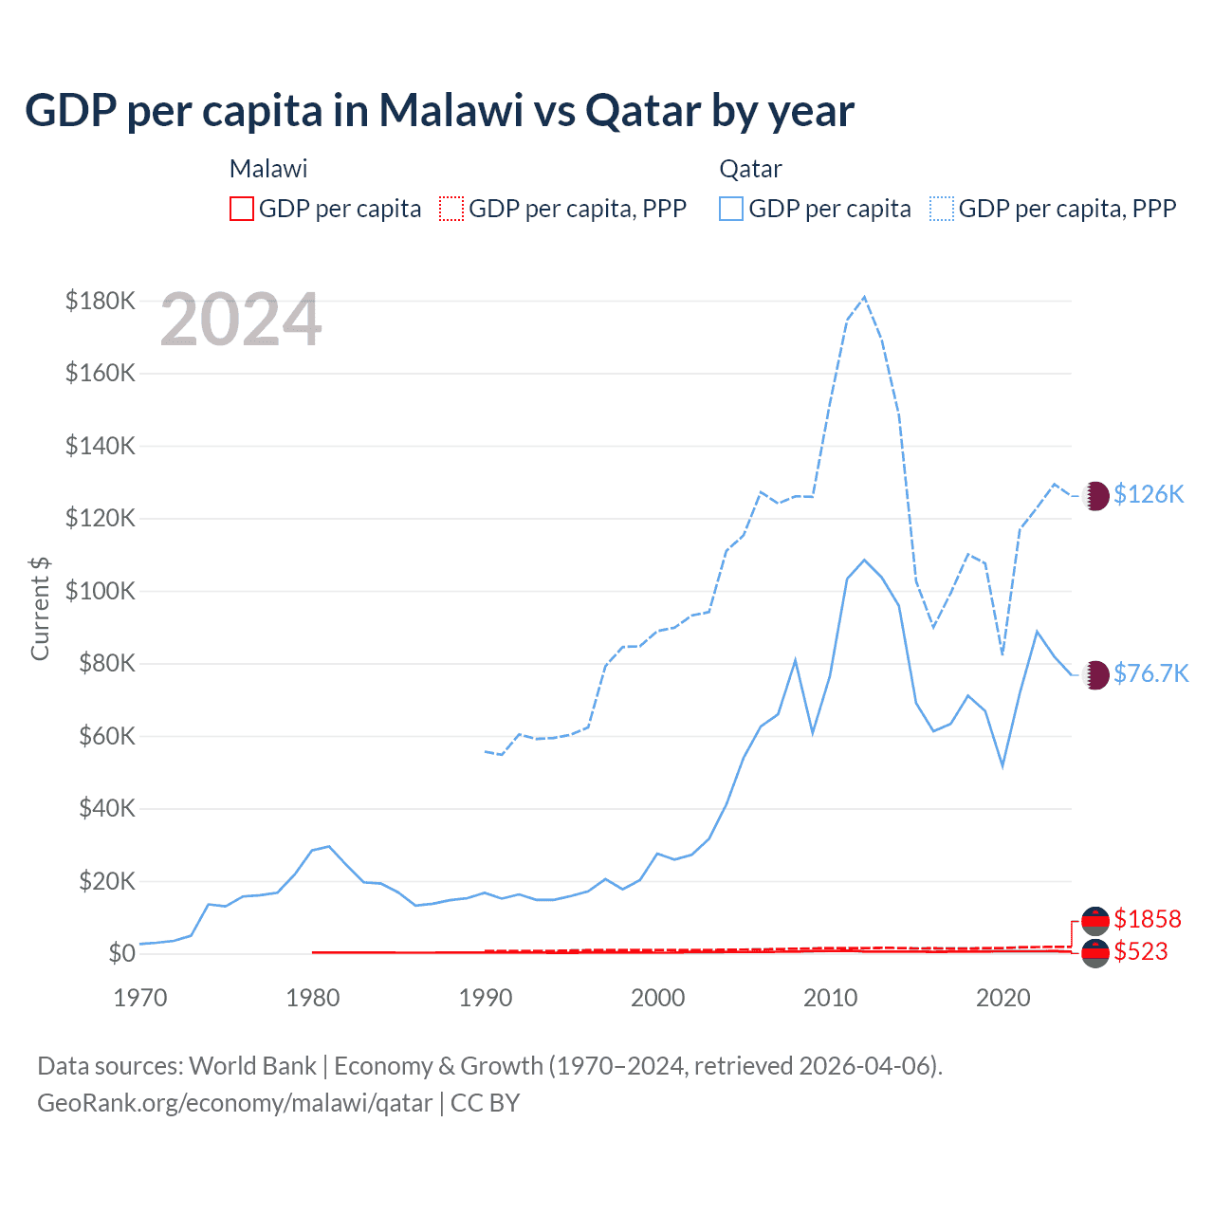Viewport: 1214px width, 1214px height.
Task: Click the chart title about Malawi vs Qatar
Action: pos(439,111)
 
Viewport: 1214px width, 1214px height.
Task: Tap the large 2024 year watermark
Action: pos(241,320)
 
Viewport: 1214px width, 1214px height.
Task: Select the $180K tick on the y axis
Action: pos(101,301)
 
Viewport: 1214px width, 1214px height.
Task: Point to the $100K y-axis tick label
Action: pos(101,591)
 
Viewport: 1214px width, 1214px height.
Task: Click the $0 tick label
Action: pos(121,953)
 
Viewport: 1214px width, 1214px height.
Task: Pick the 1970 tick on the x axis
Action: pos(140,998)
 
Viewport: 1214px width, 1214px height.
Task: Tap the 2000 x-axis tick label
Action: pos(658,998)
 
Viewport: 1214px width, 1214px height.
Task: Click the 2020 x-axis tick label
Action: pos(1003,998)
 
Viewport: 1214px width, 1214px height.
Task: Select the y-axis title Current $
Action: pos(40,608)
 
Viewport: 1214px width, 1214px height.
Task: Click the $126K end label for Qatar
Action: pos(1149,494)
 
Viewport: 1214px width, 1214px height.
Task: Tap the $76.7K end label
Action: pos(1150,673)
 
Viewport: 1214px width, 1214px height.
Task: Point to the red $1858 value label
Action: pos(1148,919)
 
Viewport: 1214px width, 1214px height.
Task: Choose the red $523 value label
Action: pos(1141,951)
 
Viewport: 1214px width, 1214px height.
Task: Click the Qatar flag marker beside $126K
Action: pos(1095,495)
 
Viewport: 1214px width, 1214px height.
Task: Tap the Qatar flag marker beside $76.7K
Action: pos(1095,674)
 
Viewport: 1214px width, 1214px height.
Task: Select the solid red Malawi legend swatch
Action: pos(242,209)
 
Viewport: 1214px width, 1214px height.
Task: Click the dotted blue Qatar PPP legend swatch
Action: pos(942,209)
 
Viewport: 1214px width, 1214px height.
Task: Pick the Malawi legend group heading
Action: pos(268,169)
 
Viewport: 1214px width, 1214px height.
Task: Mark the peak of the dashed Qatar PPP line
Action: pos(864,297)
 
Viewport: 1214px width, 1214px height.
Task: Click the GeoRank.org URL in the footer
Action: pos(234,1103)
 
